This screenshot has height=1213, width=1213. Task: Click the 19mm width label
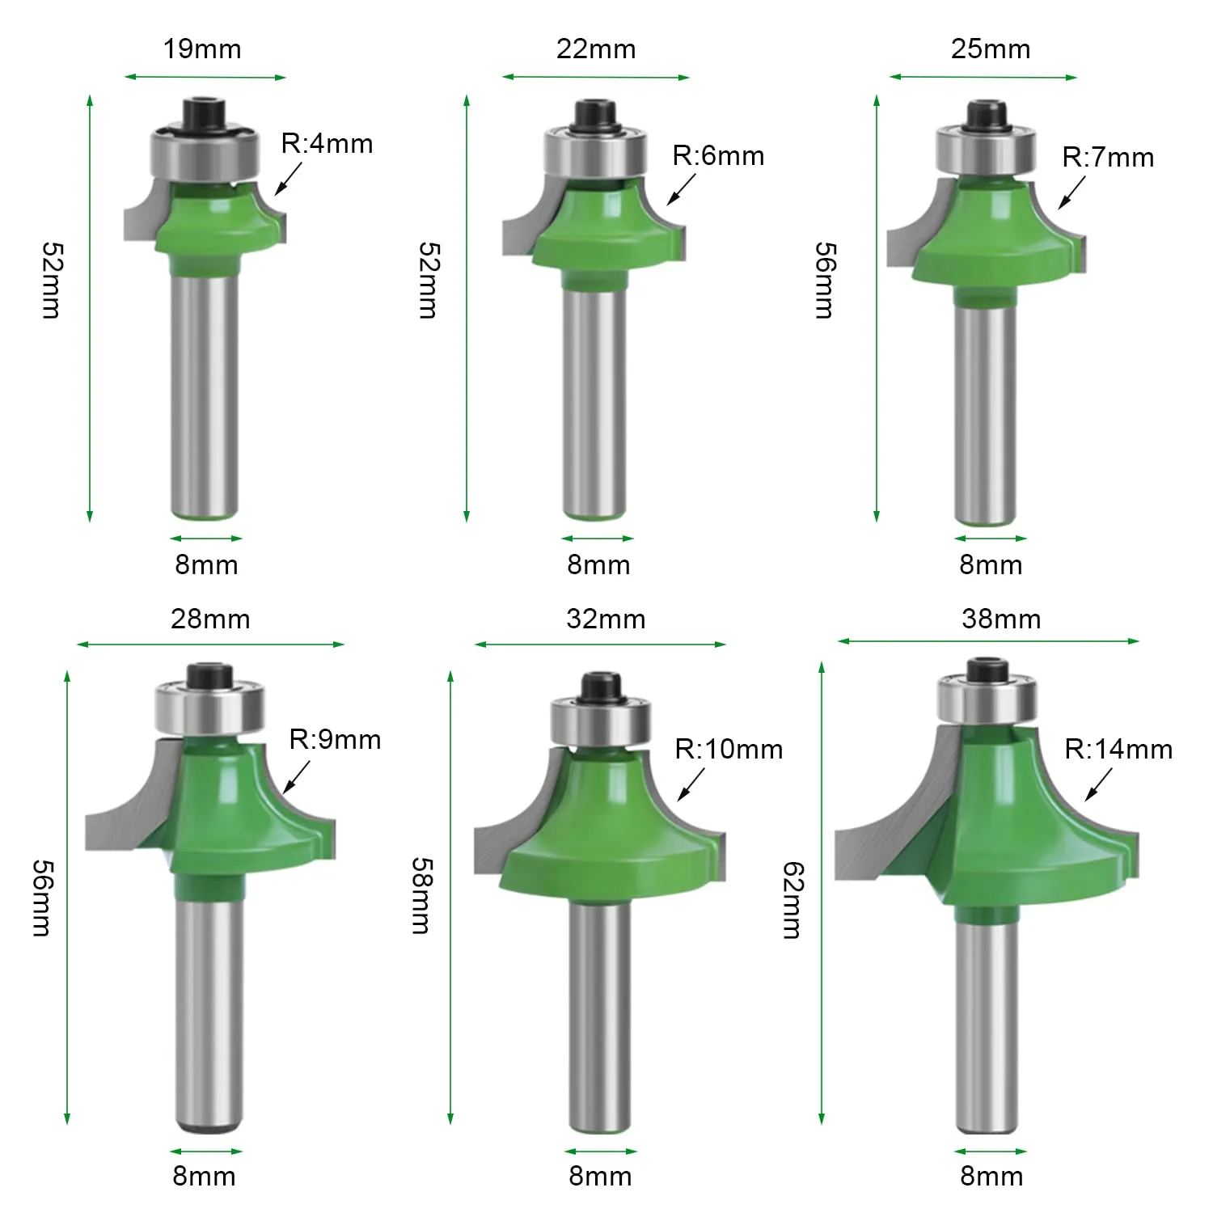coord(202,49)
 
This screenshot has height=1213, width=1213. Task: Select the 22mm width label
coord(596,49)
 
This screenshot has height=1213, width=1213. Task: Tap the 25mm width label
coord(991,49)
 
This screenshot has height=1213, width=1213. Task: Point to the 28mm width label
coord(210,619)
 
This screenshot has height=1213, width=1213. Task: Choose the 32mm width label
coord(606,619)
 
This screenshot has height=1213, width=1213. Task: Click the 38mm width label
coord(1001,619)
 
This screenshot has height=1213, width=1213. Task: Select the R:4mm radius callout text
coord(327,144)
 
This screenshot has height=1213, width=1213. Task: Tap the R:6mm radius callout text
coord(718,155)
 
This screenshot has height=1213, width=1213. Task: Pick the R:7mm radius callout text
coord(1108,157)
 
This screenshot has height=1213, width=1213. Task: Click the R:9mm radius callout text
coord(335,739)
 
